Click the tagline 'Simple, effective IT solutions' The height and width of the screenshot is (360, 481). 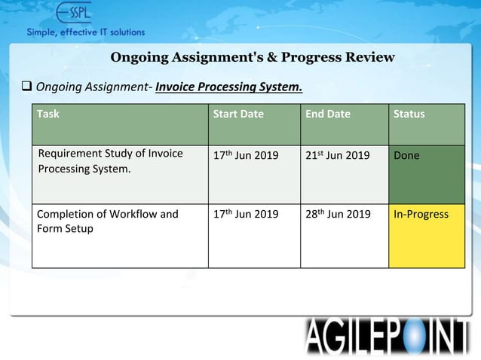tap(86, 32)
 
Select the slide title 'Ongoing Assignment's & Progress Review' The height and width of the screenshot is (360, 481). tap(252, 57)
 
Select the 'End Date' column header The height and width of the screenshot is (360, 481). tap(328, 114)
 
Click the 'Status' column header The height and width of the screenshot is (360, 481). tap(409, 114)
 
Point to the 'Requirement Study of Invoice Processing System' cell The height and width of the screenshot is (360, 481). tap(110, 161)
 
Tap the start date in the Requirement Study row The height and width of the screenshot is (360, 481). tap(246, 155)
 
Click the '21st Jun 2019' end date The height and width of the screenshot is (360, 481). tap(337, 155)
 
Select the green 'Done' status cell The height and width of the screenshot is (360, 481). tap(427, 174)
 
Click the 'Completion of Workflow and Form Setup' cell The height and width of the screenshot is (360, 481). tap(108, 221)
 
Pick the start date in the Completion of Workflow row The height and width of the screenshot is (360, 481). tap(246, 215)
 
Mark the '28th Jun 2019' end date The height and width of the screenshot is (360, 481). tap(338, 215)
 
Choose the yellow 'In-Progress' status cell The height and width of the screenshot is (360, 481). tap(427, 236)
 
